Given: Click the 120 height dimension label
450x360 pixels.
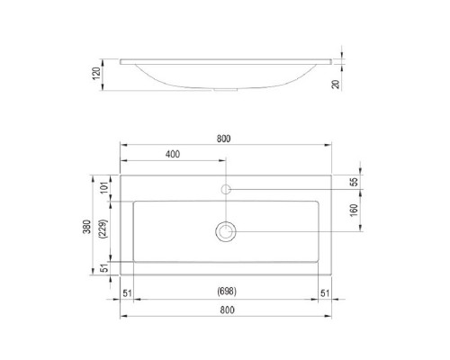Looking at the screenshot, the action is point(96,74).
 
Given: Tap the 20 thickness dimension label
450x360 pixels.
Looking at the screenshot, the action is point(336,84).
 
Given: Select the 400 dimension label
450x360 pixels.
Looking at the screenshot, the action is point(173,154).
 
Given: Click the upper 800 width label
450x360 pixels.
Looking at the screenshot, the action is point(224,139).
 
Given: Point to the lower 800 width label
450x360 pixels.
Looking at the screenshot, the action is point(227,310).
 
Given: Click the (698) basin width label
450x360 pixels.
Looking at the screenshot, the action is point(227,291).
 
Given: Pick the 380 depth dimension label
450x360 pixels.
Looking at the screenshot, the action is point(86,227).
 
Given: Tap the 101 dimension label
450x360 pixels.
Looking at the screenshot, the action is point(104,188).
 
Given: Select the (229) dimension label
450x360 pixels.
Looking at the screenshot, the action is point(103,229).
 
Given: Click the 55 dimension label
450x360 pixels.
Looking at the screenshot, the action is point(355,182).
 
